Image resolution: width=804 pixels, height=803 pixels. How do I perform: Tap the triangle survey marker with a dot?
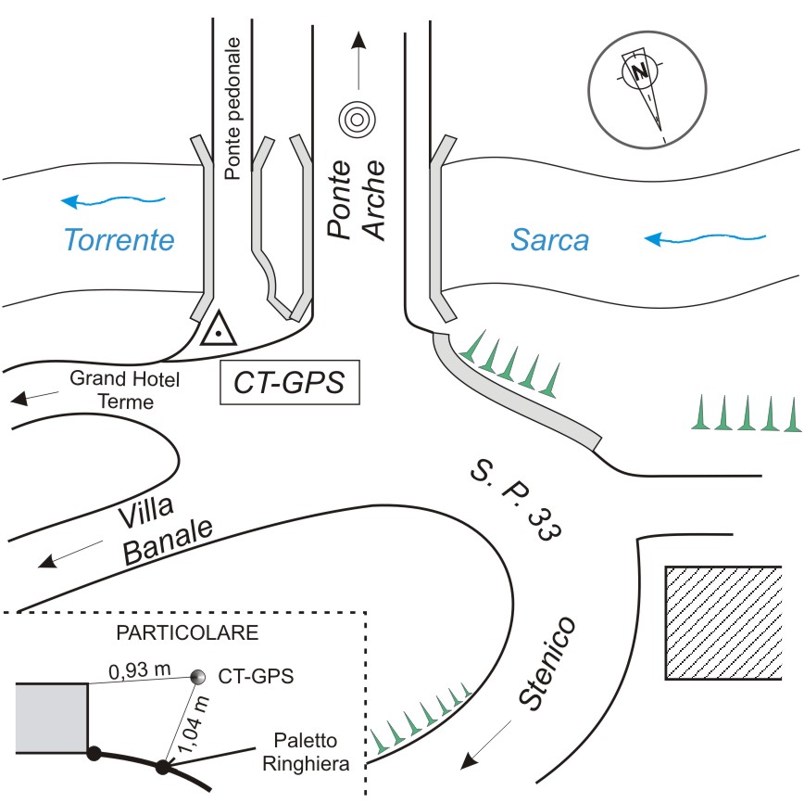point(219,329)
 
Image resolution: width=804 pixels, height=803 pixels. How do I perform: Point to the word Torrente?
point(119,240)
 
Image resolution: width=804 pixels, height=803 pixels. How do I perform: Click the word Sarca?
point(550,240)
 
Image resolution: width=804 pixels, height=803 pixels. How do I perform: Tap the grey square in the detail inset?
point(52,716)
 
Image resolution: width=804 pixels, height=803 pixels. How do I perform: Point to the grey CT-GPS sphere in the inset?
point(197,678)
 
